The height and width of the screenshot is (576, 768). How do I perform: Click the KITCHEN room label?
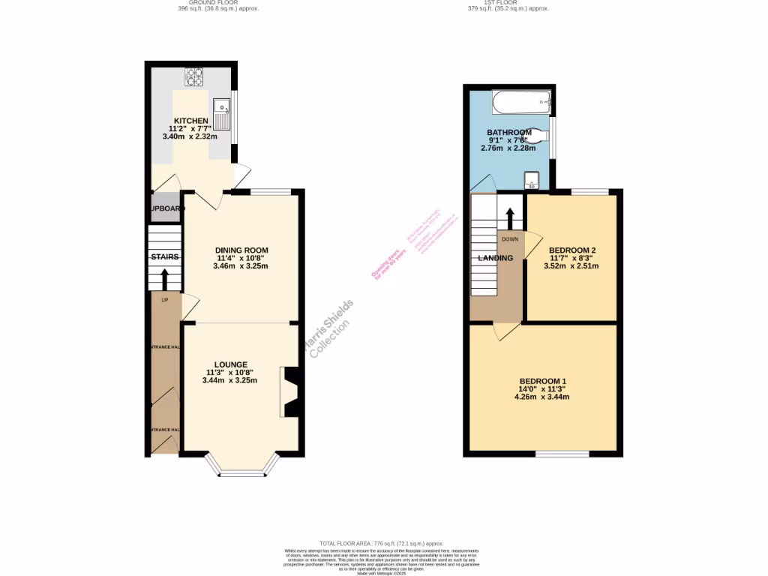190,121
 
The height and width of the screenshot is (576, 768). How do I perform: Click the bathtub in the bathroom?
522,101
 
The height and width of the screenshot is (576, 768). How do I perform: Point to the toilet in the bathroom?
540,134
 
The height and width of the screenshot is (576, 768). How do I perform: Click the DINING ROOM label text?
241,250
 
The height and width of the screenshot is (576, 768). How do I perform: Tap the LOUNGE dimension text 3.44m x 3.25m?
229,380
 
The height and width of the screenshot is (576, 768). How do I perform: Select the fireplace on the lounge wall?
289,391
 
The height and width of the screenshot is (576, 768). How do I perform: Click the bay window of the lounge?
241,466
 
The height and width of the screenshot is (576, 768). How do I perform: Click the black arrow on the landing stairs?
510,218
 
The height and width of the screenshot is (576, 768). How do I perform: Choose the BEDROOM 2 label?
572,250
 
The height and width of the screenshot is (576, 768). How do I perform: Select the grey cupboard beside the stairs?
164,208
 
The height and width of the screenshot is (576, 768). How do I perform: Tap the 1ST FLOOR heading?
508,3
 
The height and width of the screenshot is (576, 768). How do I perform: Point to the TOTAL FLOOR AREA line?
382,543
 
